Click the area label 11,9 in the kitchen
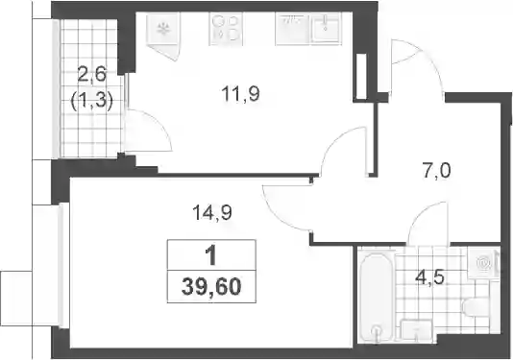[x=240, y=94]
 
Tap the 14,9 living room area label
[x=212, y=212]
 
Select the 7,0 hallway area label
[x=437, y=171]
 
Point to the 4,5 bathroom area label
[x=429, y=279]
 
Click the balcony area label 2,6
[x=92, y=75]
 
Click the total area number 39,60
[x=211, y=287]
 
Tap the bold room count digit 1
[x=211, y=255]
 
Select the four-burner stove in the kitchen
[x=226, y=29]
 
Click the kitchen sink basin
[x=326, y=28]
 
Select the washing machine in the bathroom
[x=483, y=263]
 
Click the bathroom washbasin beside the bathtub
[x=416, y=330]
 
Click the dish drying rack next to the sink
[x=292, y=29]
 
